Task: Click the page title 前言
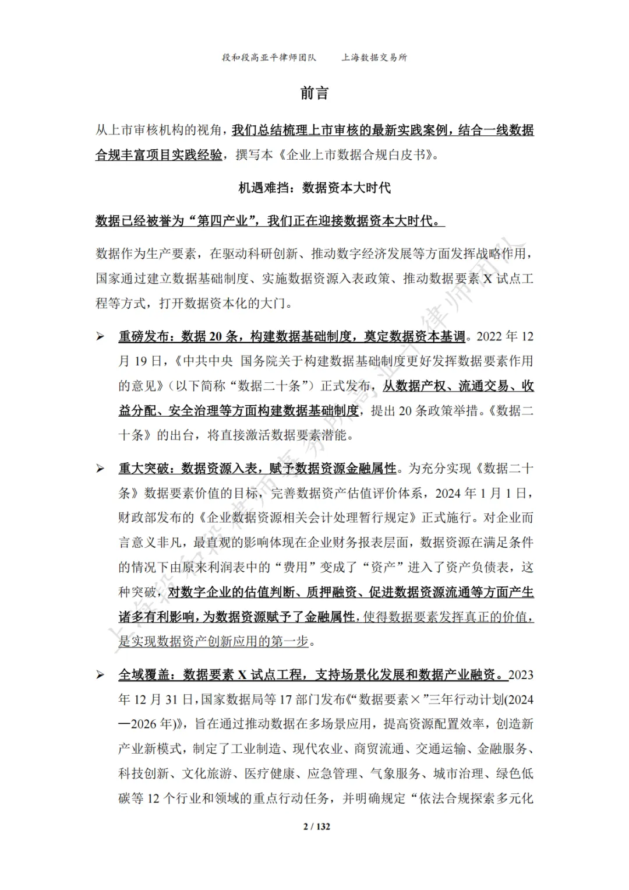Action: tap(314, 93)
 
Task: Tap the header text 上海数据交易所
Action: tap(374, 58)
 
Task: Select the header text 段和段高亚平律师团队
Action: tap(269, 58)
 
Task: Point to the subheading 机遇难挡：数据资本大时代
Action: tap(314, 188)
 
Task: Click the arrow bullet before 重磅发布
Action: tap(101, 336)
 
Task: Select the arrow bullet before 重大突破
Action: tap(101, 469)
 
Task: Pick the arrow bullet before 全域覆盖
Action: tap(101, 675)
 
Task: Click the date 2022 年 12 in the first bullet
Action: tap(504, 336)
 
